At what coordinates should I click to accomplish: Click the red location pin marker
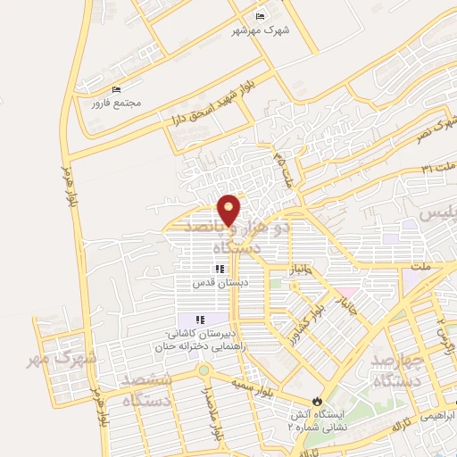[x=229, y=209]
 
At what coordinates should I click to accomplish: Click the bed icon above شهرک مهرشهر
[x=260, y=17]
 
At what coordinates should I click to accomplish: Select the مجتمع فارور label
[x=117, y=103]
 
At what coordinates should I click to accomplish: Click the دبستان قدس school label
[x=220, y=282]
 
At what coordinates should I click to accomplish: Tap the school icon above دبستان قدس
[x=219, y=269]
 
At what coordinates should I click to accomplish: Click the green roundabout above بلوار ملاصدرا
[x=204, y=370]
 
